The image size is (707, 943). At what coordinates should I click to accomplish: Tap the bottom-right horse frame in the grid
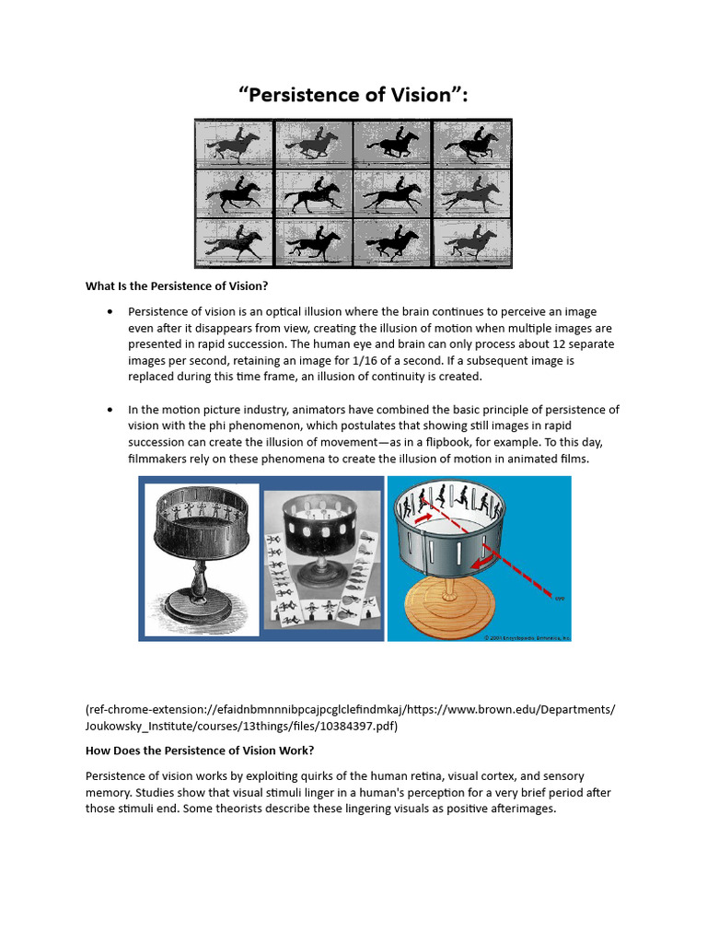click(472, 242)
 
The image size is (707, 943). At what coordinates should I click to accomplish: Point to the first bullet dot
click(110, 311)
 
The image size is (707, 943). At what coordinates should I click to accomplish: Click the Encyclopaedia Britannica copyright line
click(527, 636)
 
